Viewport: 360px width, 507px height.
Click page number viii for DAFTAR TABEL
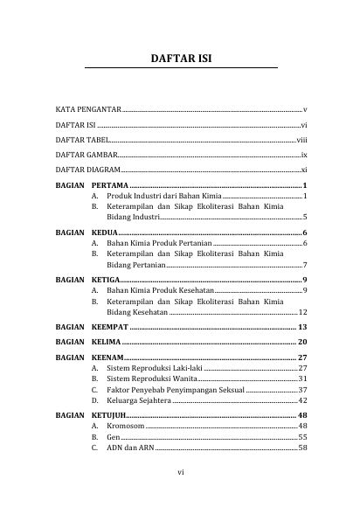point(301,140)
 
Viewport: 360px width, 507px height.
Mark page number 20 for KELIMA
point(301,341)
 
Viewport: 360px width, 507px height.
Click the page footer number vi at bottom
point(180,473)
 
